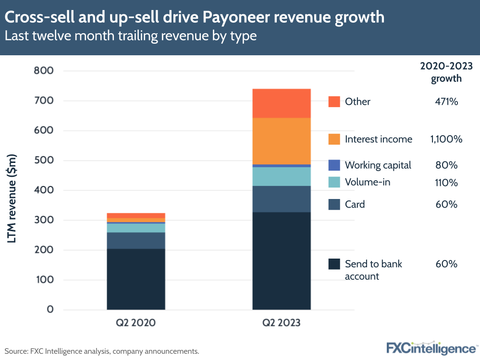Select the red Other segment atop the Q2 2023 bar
point(282,103)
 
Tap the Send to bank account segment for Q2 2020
point(136,279)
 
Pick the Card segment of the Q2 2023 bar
point(282,199)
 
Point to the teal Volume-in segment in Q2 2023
point(282,176)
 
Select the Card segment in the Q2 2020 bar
point(136,240)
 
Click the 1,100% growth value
point(446,139)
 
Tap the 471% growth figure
point(446,101)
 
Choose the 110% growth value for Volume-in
point(446,183)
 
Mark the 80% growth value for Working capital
point(446,165)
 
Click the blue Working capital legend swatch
point(334,165)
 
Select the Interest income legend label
point(378,139)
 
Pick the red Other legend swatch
point(334,101)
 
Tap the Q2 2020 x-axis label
point(136,323)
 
